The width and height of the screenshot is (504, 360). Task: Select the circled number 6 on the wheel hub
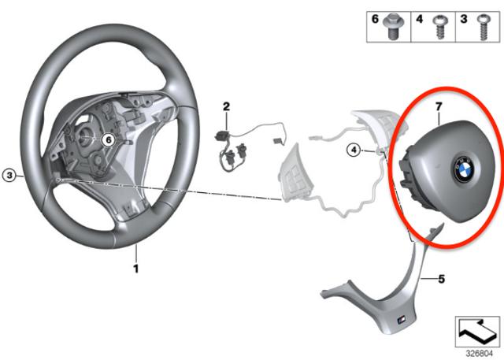click(109, 139)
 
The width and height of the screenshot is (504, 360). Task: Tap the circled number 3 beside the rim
click(9, 175)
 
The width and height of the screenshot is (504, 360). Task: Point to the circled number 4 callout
click(354, 150)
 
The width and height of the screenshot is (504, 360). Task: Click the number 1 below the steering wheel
click(136, 269)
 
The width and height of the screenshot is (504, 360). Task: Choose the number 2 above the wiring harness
click(227, 106)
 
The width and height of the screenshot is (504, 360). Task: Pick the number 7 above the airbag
click(439, 106)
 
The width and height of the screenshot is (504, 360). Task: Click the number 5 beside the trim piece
click(442, 279)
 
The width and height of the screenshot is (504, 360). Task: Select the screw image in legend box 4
click(439, 28)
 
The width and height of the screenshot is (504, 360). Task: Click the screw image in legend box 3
click(484, 28)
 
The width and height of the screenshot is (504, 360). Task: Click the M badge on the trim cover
click(402, 320)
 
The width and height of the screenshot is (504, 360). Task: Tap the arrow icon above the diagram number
click(476, 331)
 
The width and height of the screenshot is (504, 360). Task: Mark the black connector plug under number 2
click(222, 135)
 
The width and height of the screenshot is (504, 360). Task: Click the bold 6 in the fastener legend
click(375, 19)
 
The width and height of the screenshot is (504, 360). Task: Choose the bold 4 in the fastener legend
click(420, 19)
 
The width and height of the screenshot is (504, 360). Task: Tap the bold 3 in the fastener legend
click(464, 19)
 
